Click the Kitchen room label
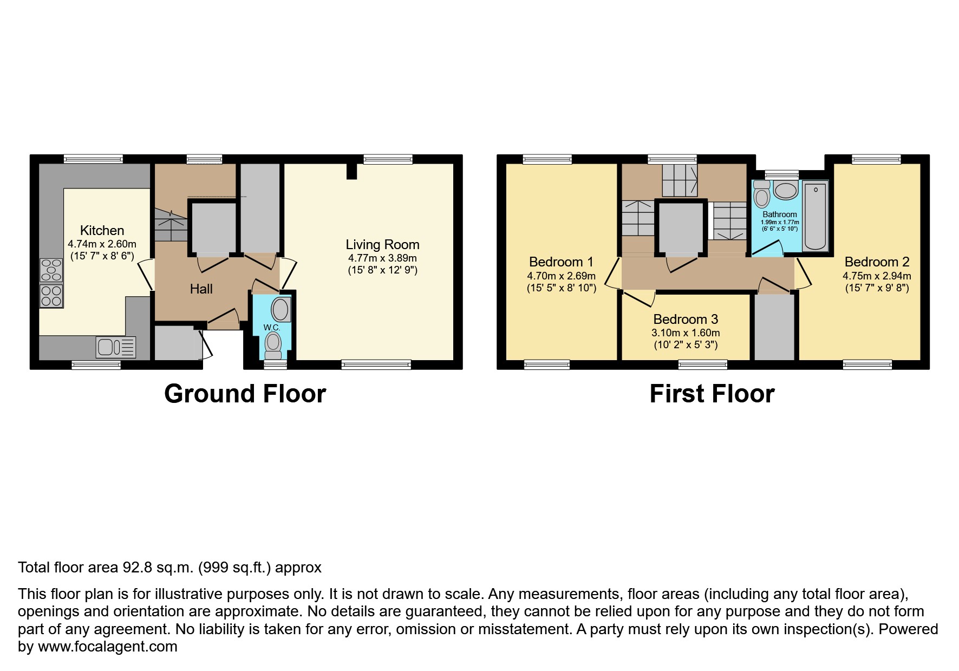tap(102, 230)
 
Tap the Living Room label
tap(382, 245)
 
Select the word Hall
tap(201, 289)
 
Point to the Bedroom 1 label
tap(561, 262)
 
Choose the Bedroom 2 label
tap(877, 262)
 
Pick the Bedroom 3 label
tap(686, 320)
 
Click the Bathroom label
tap(780, 214)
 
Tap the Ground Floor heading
tap(245, 394)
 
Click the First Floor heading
tap(712, 394)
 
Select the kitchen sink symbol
tap(116, 347)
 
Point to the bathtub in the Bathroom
tap(816, 217)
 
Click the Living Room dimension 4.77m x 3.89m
tap(382, 258)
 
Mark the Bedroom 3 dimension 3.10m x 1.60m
tap(686, 333)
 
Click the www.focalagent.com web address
tap(108, 647)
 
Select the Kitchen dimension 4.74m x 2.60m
tap(102, 244)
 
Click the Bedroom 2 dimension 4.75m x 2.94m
tap(877, 276)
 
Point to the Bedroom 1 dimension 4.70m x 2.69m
tap(561, 276)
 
